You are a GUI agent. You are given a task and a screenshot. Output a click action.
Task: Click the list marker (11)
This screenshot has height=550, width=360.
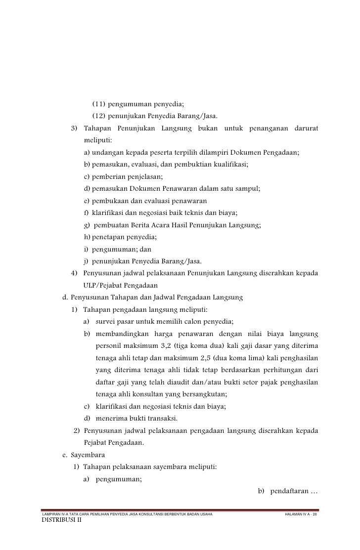(98, 104)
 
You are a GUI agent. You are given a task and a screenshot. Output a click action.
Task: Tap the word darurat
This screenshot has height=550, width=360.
(304, 129)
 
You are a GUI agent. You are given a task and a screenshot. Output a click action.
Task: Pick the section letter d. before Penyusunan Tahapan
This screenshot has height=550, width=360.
(64, 297)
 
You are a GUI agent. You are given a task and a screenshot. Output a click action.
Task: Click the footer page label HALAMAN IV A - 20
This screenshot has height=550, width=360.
(299, 515)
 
